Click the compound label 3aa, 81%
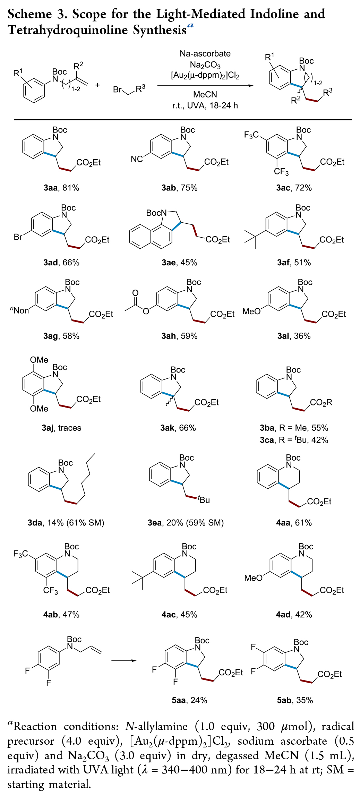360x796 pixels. [61, 188]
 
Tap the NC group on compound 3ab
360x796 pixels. [137, 159]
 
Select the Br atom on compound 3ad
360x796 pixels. [18, 237]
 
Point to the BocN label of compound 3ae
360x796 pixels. [156, 213]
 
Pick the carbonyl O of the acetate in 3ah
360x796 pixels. [136, 293]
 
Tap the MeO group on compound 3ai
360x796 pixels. [251, 311]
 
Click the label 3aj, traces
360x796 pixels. [61, 428]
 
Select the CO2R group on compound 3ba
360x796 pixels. [321, 402]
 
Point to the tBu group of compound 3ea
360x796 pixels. [204, 500]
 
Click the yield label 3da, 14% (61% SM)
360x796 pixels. [66, 522]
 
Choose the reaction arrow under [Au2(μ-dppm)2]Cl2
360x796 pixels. [205, 85]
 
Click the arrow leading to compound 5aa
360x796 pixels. [124, 660]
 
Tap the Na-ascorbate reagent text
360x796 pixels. [205, 54]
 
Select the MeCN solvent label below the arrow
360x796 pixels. [205, 94]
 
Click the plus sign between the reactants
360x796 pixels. [97, 85]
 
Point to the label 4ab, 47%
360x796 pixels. [61, 615]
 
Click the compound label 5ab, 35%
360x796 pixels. [295, 700]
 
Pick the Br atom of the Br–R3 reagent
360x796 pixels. [117, 89]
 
